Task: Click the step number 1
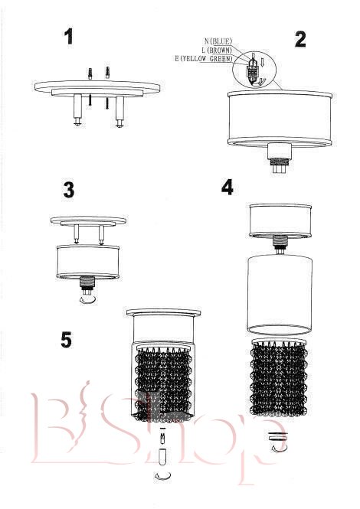click(x=68, y=37)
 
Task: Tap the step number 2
click(x=300, y=39)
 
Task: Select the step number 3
click(x=69, y=190)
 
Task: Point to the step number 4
click(x=227, y=188)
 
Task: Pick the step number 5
click(x=67, y=340)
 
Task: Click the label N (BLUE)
click(x=218, y=41)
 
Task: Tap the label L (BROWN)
click(x=217, y=51)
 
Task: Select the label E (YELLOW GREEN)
click(x=204, y=59)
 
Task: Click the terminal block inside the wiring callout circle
click(x=253, y=70)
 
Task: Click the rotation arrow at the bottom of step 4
click(x=279, y=448)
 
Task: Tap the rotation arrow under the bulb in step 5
click(x=163, y=476)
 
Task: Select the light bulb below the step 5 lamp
click(x=163, y=458)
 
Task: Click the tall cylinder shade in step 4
click(x=280, y=295)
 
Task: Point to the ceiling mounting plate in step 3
click(x=88, y=220)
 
